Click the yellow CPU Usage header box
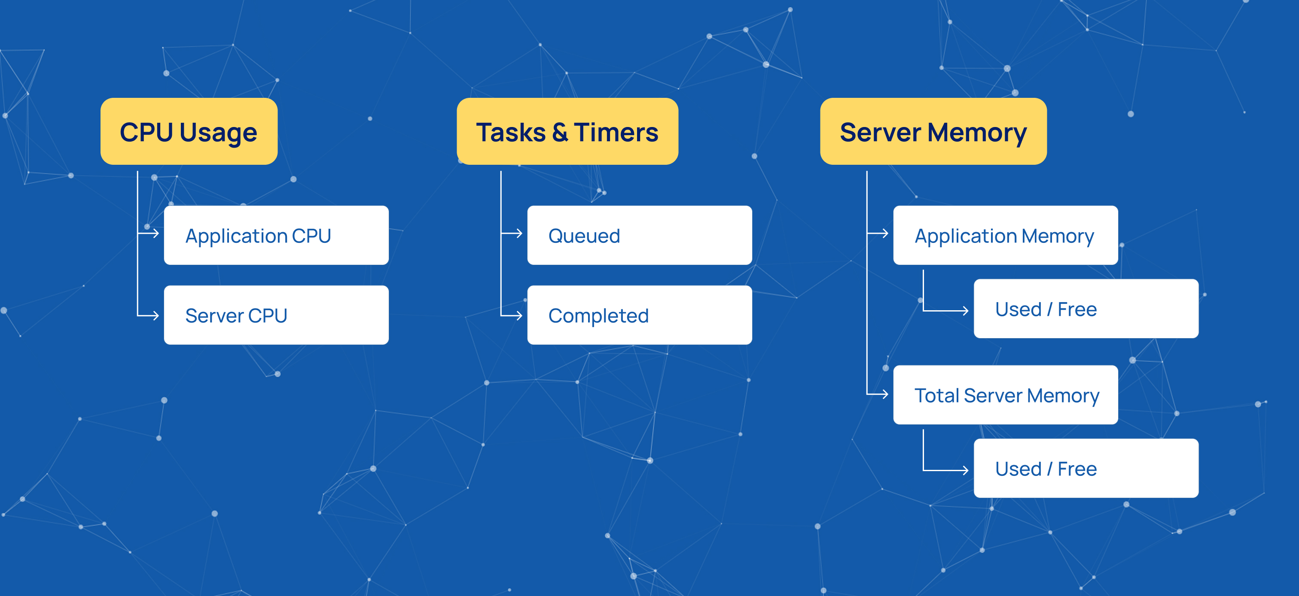pos(189,131)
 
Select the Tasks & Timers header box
pos(567,131)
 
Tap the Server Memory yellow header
pos(933,131)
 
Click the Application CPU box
pos(276,235)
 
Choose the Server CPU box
pos(276,315)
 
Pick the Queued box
pos(640,235)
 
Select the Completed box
pos(640,315)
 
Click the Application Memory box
pos(1006,235)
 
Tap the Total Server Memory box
pos(1006,395)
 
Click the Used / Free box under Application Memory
pos(1086,309)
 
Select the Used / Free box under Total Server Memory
pos(1086,469)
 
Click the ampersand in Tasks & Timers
pos(560,133)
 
